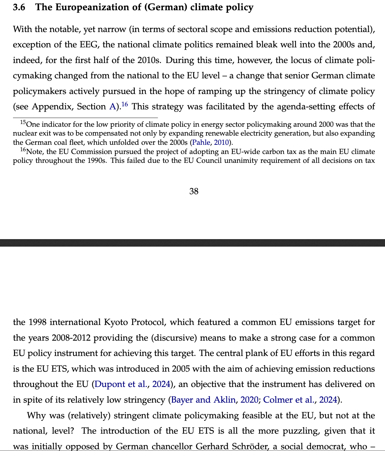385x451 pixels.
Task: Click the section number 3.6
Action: [19, 7]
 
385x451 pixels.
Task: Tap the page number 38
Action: [194, 191]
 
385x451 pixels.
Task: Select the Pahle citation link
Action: [201, 142]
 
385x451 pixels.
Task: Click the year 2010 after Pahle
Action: [221, 142]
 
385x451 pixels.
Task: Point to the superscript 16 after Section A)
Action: [125, 104]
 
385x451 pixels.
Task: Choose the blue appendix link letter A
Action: [112, 107]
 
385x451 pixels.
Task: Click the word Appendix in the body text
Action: [52, 107]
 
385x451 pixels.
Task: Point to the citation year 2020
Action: [249, 400]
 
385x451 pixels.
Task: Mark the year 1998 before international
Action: [37, 322]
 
